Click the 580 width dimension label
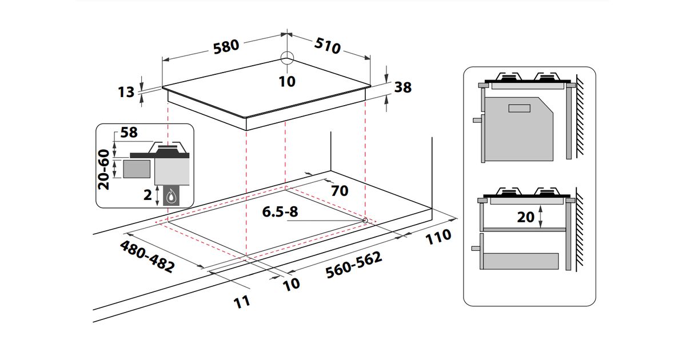226,47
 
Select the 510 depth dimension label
328,46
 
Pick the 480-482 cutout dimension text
147,255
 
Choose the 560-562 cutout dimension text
353,266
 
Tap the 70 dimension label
340,191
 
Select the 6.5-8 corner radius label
280,212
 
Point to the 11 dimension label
243,302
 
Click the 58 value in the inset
129,133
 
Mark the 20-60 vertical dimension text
104,170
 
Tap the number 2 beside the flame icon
148,195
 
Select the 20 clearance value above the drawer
525,217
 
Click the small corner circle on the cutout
365,219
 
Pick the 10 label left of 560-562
292,283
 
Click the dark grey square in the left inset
137,170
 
